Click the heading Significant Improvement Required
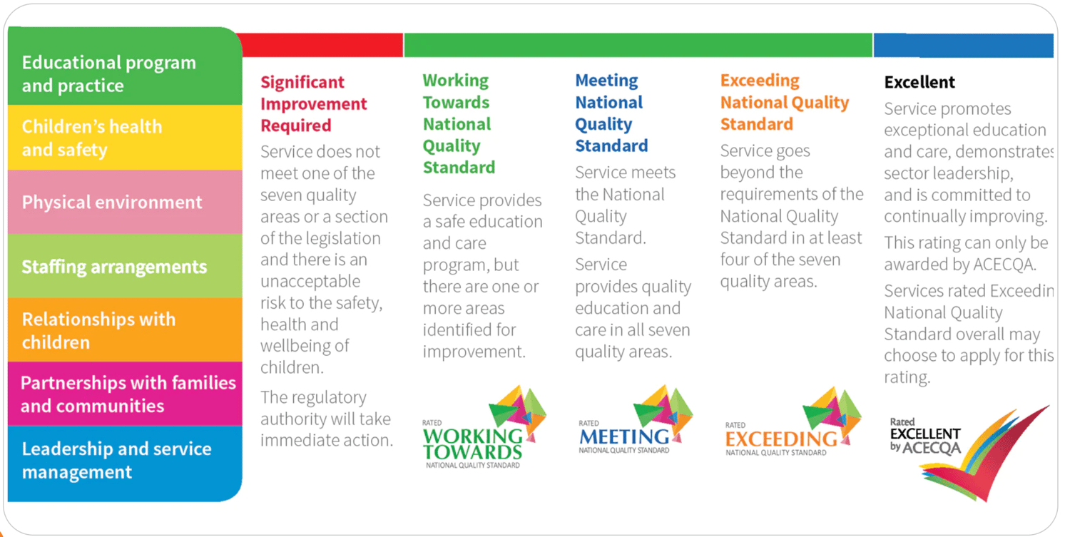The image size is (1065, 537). (x=313, y=104)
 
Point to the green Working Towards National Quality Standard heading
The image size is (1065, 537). (x=459, y=124)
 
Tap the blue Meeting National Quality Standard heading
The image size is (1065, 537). (x=611, y=113)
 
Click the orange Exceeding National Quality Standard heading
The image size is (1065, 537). (x=784, y=103)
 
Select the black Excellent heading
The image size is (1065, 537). (x=919, y=82)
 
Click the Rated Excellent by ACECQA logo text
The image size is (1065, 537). (x=925, y=436)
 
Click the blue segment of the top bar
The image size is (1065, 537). (x=963, y=45)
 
